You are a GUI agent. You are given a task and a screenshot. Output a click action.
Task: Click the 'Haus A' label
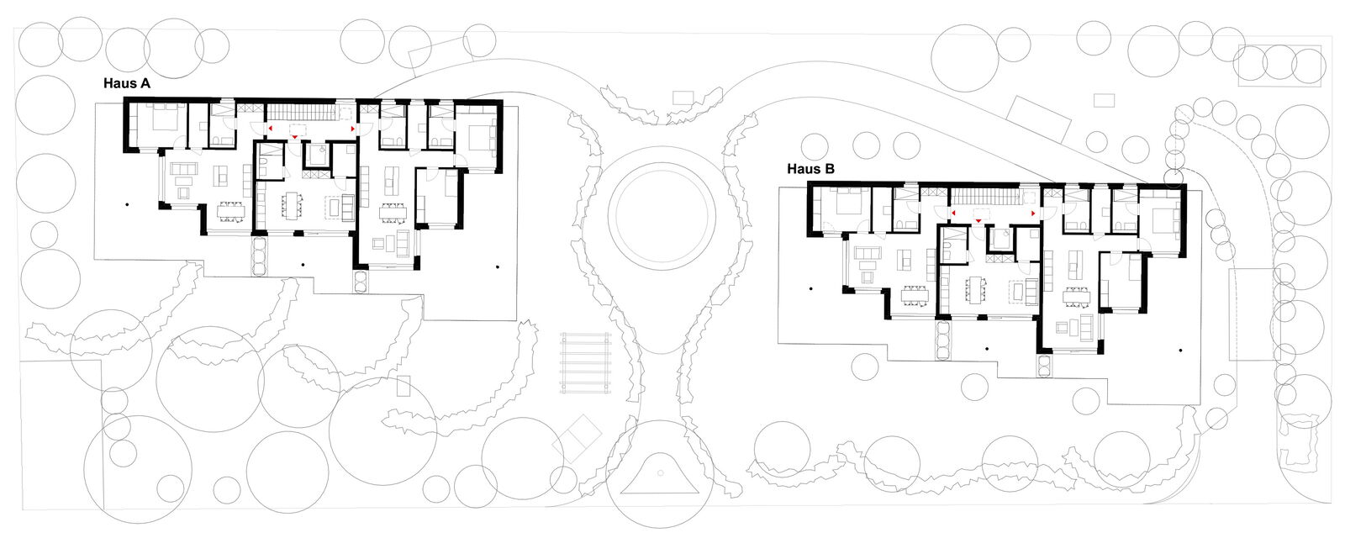[127, 83]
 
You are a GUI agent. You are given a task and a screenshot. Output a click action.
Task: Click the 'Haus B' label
[810, 169]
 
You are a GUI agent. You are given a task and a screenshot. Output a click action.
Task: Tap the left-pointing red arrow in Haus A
[270, 129]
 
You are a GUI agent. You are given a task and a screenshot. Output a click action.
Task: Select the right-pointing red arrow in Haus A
[353, 129]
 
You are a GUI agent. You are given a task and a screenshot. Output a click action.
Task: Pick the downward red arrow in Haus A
[295, 138]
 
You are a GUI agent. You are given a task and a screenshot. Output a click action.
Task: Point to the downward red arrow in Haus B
[978, 221]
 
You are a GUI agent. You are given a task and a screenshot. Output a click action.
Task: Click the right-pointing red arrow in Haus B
[1033, 214]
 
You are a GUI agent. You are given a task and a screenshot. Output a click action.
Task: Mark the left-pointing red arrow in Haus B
[953, 214]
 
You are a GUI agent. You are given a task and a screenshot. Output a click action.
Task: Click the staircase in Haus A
[300, 112]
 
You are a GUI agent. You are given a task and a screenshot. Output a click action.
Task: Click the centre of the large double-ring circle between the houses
[661, 214]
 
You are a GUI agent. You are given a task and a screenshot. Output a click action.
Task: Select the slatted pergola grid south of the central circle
[585, 363]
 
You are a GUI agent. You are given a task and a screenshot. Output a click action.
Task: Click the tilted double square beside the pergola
[577, 438]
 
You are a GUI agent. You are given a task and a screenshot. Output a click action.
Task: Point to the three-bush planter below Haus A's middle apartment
[260, 256]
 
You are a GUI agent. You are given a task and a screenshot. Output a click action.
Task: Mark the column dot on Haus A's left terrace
[127, 205]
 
